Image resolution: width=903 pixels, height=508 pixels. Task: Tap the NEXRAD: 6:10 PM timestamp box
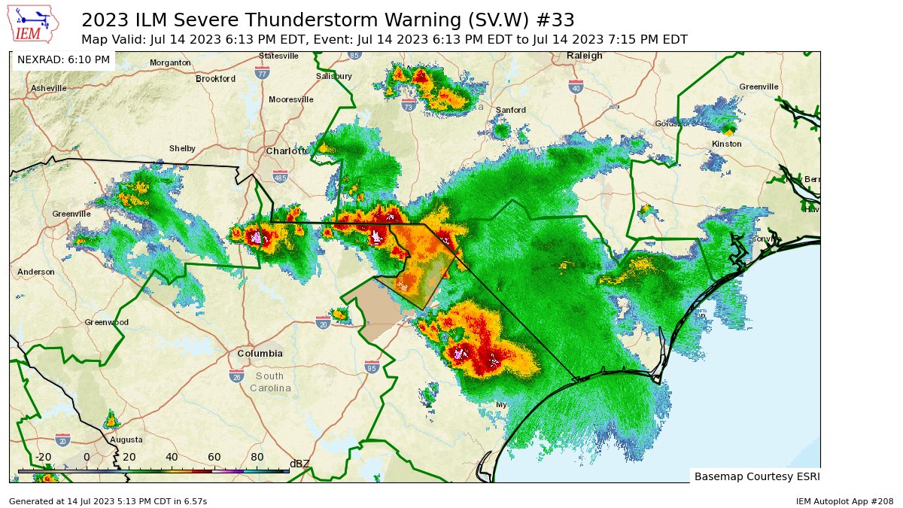[63, 59]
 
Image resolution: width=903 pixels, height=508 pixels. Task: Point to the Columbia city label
[260, 353]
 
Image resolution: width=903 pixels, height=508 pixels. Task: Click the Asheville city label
[49, 88]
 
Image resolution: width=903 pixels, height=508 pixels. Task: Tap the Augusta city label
[126, 440]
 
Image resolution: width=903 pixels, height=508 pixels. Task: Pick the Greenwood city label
[106, 322]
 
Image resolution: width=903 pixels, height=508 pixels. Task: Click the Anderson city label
[36, 272]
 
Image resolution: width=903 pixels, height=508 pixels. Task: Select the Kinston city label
[726, 144]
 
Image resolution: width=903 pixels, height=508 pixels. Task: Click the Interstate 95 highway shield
[371, 367]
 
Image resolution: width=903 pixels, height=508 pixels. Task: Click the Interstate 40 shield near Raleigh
[576, 87]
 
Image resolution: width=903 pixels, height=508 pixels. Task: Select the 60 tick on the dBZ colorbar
[214, 457]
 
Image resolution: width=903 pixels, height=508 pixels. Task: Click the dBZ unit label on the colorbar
[299, 464]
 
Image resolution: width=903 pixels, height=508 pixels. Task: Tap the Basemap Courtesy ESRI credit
[755, 476]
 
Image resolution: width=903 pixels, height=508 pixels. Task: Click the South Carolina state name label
[269, 382]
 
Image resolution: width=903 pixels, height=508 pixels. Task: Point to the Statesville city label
[278, 56]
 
